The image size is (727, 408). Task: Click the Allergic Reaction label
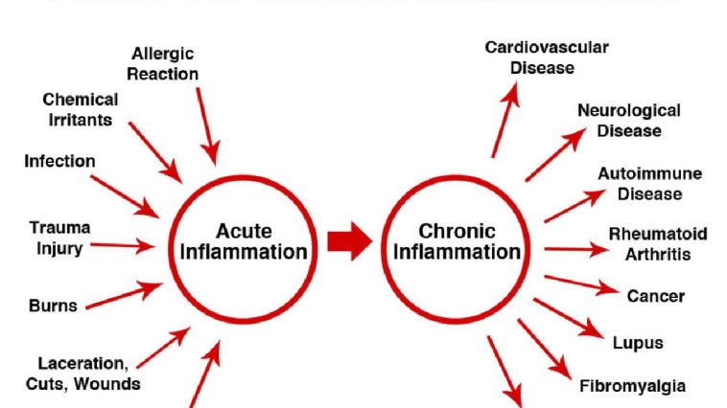165,64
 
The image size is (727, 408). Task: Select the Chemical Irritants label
81,109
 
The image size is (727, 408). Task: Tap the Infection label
59,161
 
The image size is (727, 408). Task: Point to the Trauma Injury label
60,238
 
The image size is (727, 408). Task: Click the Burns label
53,306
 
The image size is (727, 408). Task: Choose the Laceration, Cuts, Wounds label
83,374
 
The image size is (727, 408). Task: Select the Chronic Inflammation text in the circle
457,241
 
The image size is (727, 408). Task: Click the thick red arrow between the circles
349,241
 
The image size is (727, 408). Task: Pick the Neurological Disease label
629,121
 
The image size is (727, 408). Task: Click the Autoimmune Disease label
650,184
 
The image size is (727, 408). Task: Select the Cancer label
656,296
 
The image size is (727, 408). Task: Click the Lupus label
638,342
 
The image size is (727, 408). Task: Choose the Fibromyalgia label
633,387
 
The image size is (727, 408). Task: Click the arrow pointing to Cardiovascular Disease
505,119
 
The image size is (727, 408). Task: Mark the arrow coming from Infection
124,195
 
